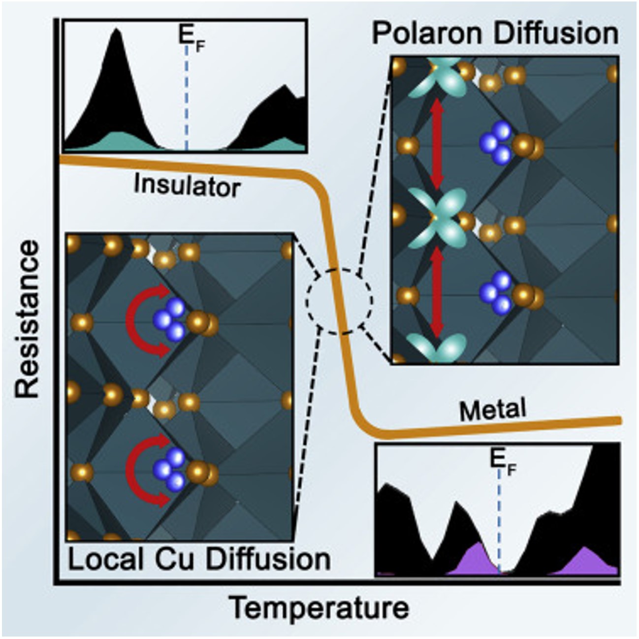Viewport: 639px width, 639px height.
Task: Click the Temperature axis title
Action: (320, 609)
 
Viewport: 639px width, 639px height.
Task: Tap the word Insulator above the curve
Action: (188, 186)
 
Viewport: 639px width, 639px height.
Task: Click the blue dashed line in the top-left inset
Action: (186, 99)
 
